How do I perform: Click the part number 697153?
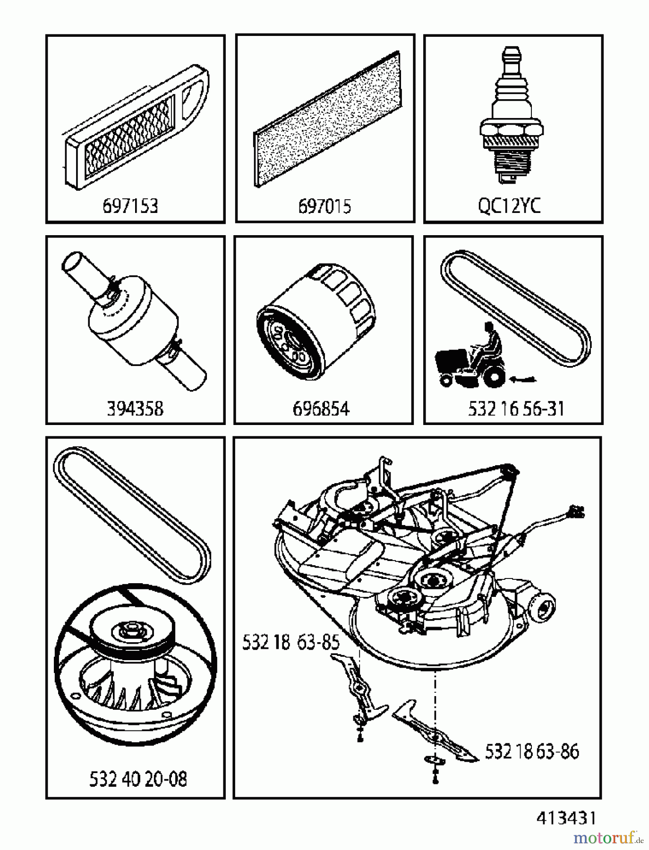(130, 206)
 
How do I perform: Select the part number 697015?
(324, 206)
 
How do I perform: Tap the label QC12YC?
(509, 206)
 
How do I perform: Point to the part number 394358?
(135, 408)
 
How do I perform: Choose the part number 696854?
(321, 408)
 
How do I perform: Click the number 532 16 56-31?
(516, 408)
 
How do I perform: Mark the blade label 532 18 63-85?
(290, 643)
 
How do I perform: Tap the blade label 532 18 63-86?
(532, 751)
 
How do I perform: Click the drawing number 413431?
(566, 818)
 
